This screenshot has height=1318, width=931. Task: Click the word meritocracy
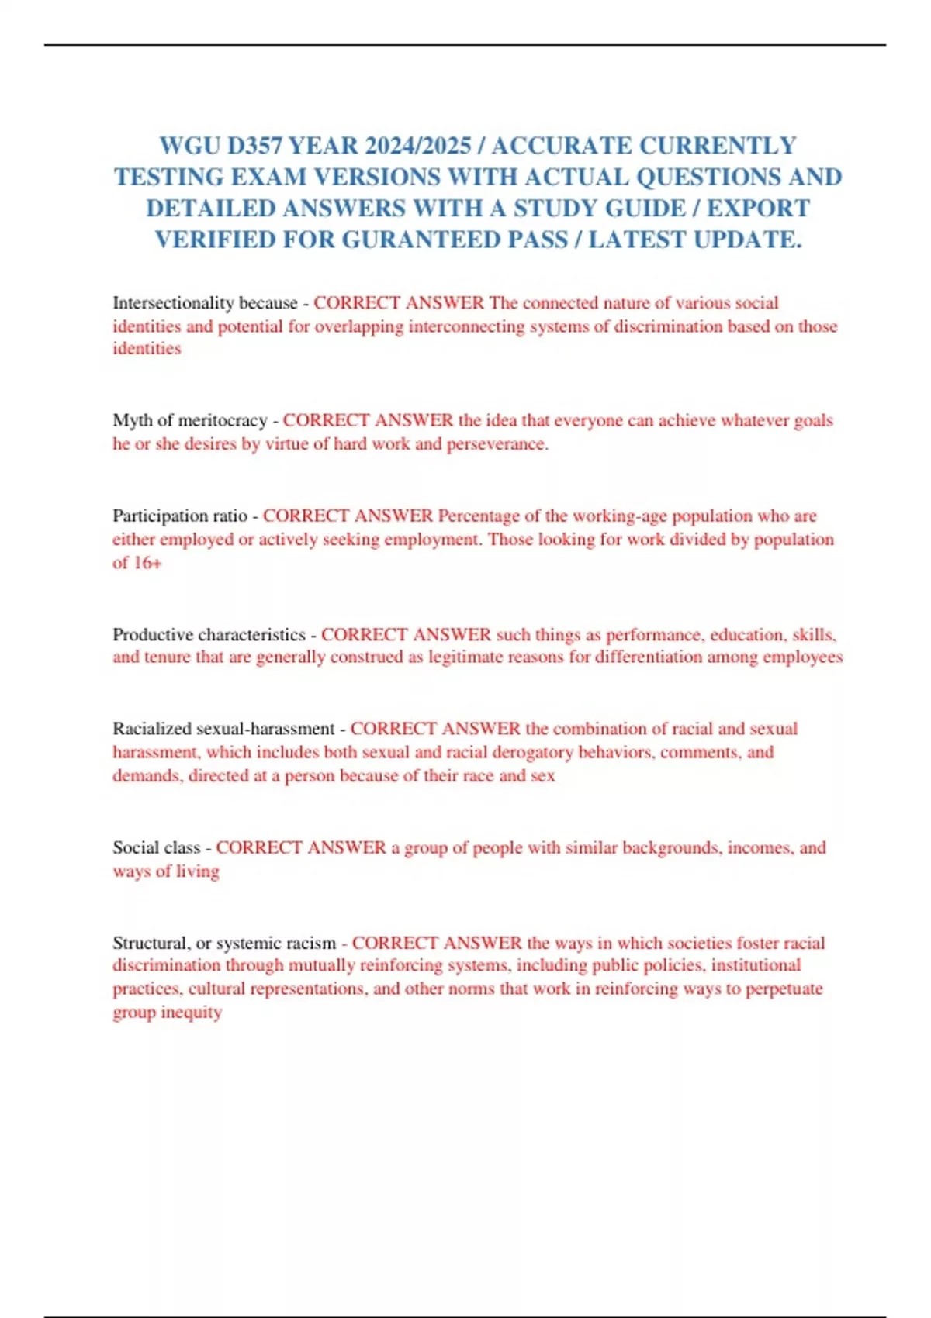coord(223,421)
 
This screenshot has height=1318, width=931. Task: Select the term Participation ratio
coord(180,516)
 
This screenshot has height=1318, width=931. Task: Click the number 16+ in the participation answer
coord(147,563)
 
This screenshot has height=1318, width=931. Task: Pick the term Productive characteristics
coord(209,635)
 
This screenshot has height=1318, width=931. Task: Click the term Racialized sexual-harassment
coord(223,730)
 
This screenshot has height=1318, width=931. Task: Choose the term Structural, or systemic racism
coord(224,944)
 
